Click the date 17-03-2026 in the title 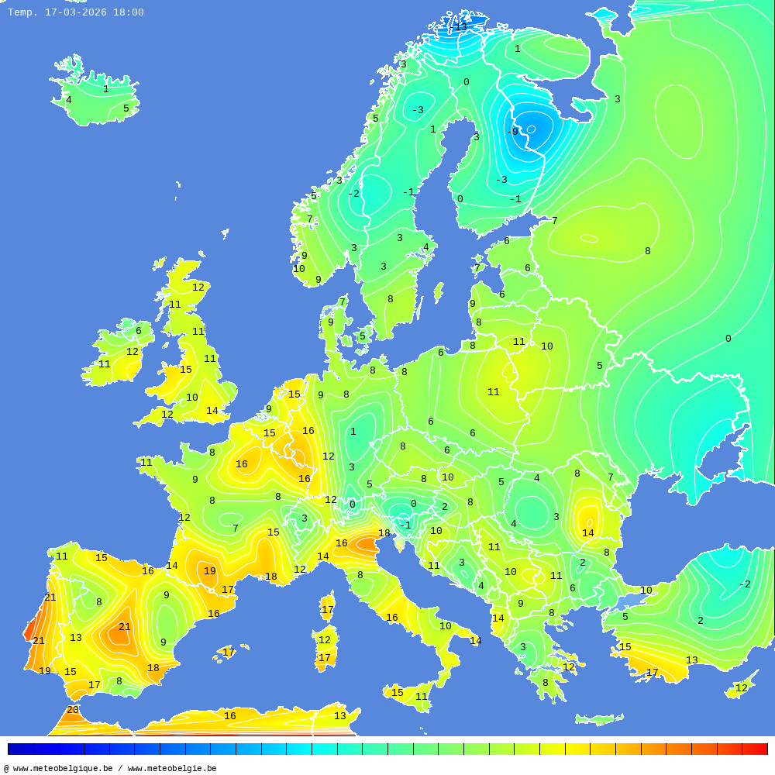click(76, 12)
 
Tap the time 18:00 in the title click(128, 12)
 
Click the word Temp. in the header click(22, 12)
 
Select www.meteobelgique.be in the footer click(63, 768)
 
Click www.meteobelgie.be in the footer click(172, 768)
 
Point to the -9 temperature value click(512, 132)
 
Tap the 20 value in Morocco click(73, 710)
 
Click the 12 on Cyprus click(742, 688)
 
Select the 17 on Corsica click(328, 610)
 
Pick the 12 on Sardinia click(325, 640)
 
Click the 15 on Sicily click(398, 693)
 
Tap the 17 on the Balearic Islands click(229, 653)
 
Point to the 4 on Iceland click(68, 100)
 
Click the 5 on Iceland click(126, 108)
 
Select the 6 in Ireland click(139, 331)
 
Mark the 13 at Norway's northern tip click(461, 27)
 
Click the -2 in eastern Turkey click(745, 584)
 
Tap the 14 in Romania click(588, 533)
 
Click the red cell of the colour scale click(755, 749)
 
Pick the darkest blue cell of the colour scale click(20, 749)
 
